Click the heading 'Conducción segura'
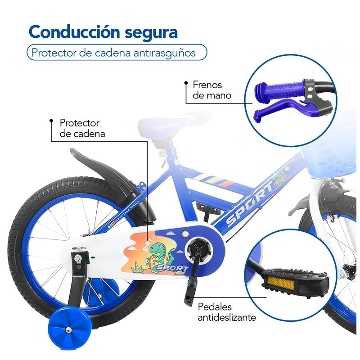103,32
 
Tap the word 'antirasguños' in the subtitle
164,53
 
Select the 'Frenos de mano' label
211,90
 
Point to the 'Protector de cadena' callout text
82,128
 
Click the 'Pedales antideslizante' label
227,312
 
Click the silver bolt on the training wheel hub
68,330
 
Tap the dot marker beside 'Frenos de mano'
186,83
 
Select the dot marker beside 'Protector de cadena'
51,121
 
